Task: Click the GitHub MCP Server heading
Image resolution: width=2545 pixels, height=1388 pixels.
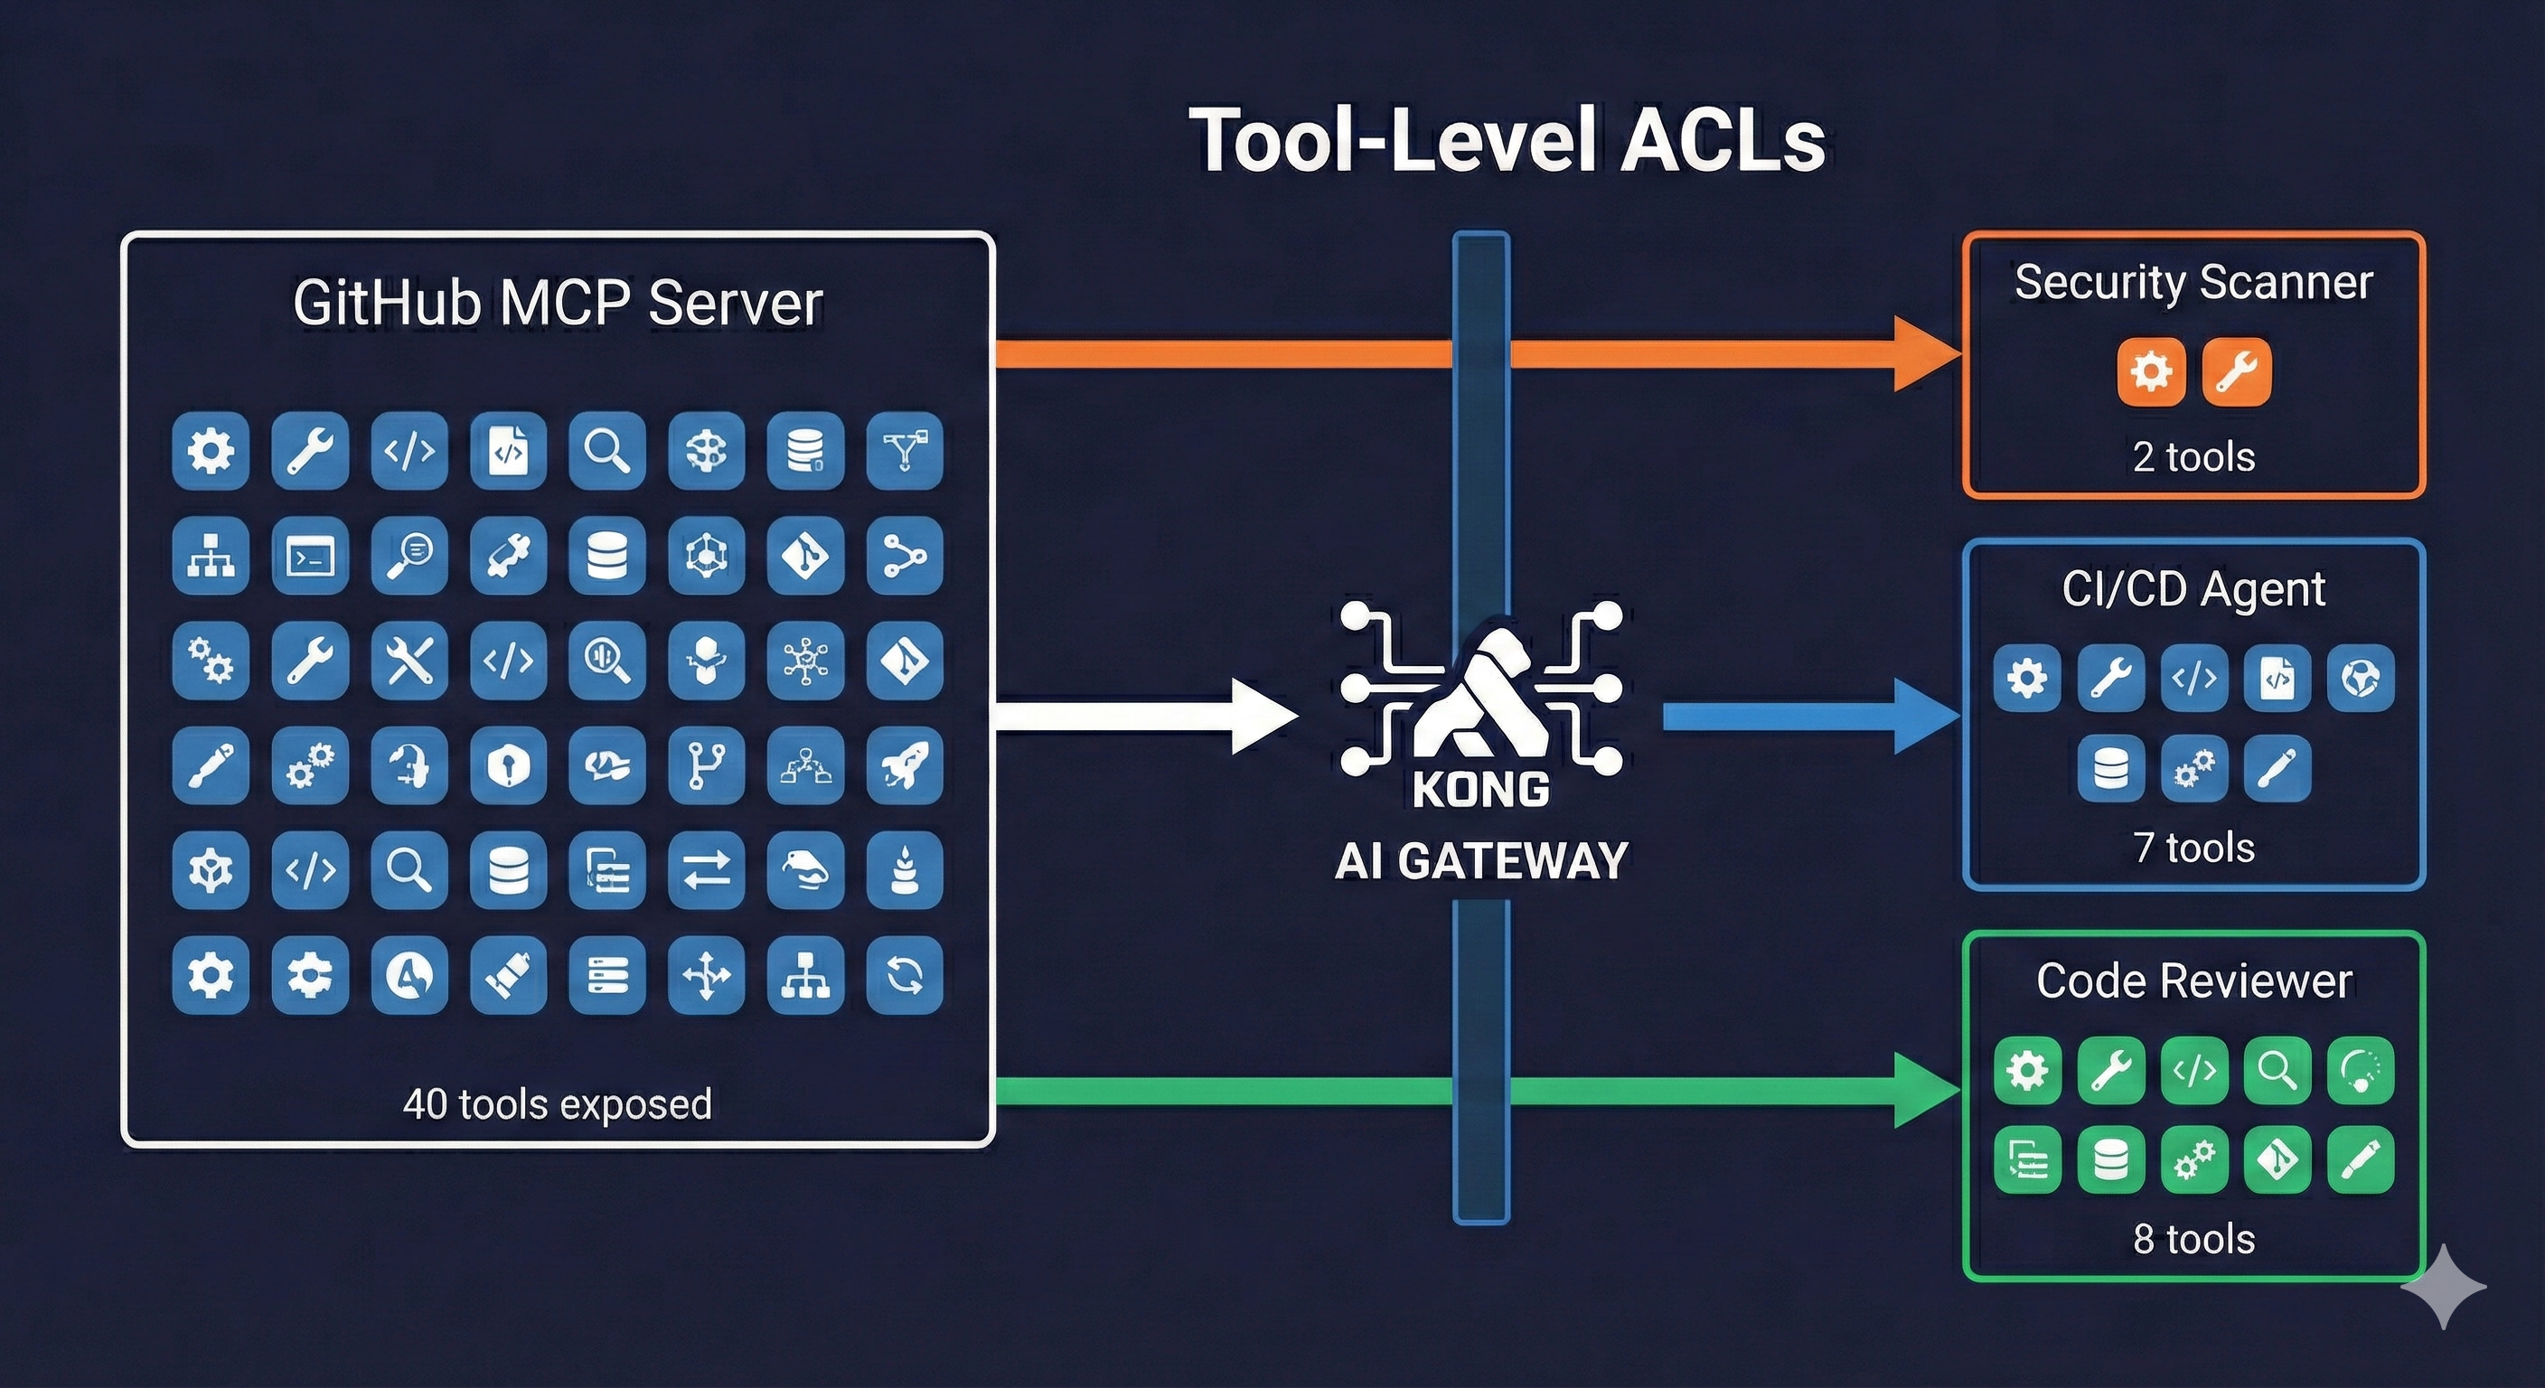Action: [558, 303]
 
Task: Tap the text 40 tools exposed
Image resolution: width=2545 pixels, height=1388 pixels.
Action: [558, 1103]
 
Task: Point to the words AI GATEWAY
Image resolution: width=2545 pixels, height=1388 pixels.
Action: [1480, 859]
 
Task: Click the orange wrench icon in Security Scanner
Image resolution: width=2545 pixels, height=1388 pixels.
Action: [2237, 371]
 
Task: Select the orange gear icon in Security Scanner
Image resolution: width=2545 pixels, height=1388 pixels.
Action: [2150, 371]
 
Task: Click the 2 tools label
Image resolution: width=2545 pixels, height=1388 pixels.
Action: [2193, 457]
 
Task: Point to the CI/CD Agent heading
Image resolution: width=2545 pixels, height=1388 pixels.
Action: [2193, 590]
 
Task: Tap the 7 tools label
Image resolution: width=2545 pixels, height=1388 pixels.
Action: [2193, 848]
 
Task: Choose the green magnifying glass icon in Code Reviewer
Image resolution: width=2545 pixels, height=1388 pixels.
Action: [2277, 1070]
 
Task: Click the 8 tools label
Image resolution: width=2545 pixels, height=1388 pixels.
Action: [2193, 1239]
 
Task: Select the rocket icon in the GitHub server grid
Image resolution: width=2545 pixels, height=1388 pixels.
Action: [904, 764]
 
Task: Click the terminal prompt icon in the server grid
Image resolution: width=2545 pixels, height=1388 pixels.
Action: [310, 556]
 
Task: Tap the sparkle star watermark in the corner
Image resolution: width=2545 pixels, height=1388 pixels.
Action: [2443, 1286]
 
